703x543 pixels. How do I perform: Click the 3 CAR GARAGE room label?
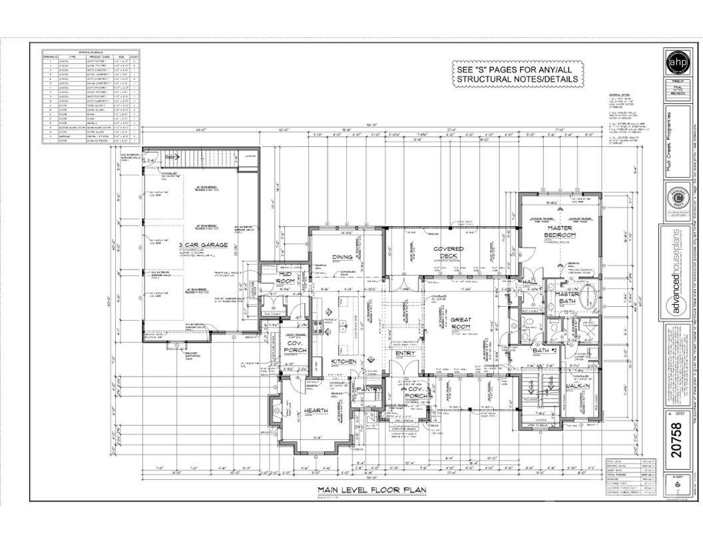[204, 245]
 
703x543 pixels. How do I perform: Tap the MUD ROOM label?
[286, 277]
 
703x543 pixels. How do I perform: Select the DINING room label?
[342, 257]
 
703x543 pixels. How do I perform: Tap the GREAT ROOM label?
[460, 323]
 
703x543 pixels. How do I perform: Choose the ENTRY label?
[405, 353]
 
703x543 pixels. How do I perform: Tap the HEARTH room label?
[316, 411]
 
